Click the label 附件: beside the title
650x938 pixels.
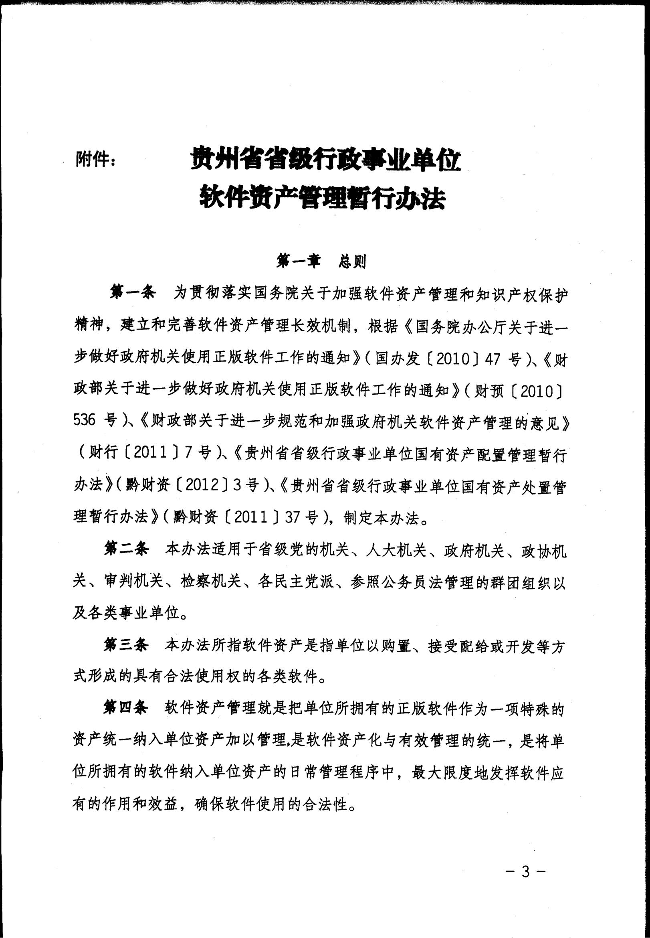pos(95,159)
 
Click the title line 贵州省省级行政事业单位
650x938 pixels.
pos(326,158)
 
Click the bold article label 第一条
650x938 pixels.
pos(133,293)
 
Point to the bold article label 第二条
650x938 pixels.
pos(126,549)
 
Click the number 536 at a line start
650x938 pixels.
pos(84,420)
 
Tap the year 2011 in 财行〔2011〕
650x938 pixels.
pos(150,453)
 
